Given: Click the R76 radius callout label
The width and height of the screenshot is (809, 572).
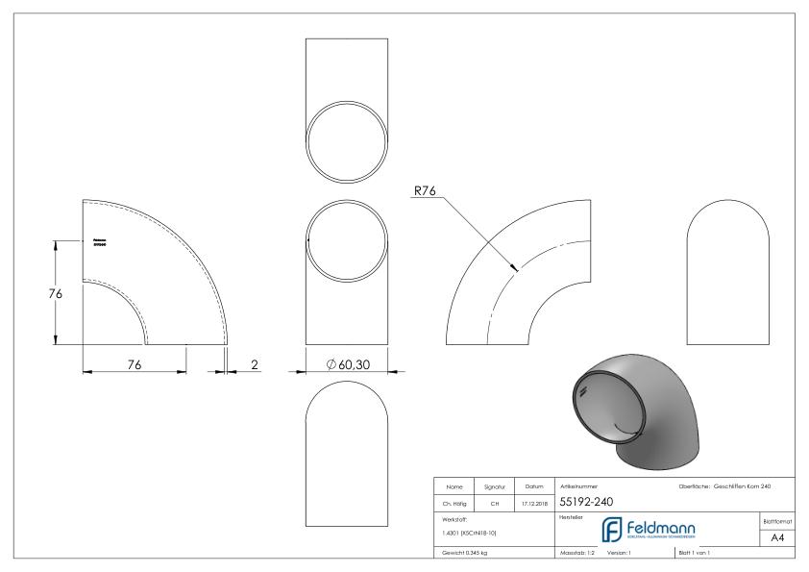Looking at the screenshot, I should coord(424,191).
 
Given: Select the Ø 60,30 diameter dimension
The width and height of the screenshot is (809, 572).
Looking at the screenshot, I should coord(348,364).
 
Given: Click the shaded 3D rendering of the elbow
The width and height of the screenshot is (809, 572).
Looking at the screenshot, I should coord(633,414).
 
